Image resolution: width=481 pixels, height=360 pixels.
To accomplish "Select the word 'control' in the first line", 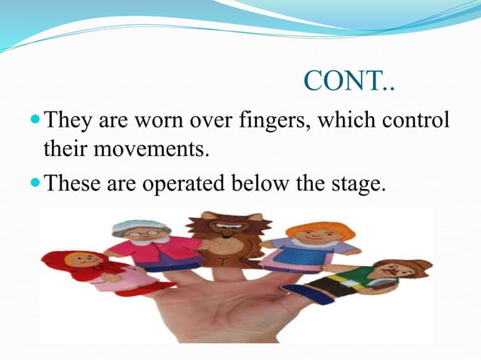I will click(x=413, y=120).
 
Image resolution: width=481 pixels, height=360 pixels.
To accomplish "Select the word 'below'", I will click(x=269, y=182).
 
